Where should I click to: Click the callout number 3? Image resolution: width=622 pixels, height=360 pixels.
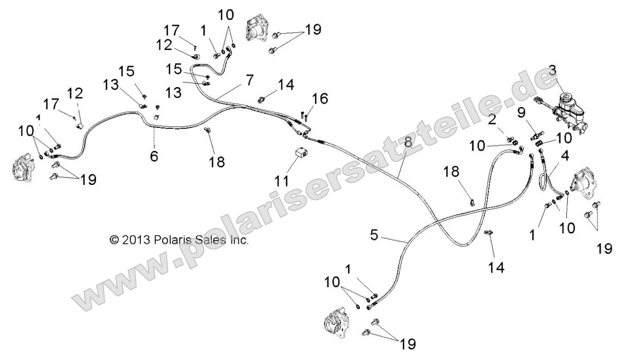pyautogui.click(x=552, y=71)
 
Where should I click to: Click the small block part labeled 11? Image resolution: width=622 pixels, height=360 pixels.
pyautogui.click(x=301, y=153)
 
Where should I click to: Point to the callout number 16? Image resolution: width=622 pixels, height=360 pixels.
pyautogui.click(x=320, y=99)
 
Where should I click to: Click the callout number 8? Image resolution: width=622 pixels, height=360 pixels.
pyautogui.click(x=407, y=143)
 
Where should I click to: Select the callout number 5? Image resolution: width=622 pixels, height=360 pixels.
pyautogui.click(x=374, y=235)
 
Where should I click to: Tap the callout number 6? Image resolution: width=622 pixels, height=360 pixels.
pyautogui.click(x=154, y=156)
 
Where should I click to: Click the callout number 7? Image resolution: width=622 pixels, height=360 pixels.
pyautogui.click(x=250, y=80)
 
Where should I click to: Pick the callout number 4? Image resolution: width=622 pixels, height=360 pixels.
pyautogui.click(x=565, y=156)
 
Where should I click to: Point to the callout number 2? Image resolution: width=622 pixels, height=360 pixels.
pyautogui.click(x=492, y=120)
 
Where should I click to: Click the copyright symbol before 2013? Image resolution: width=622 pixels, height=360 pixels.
pyautogui.click(x=114, y=239)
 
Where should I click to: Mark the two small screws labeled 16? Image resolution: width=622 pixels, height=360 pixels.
pyautogui.click(x=304, y=116)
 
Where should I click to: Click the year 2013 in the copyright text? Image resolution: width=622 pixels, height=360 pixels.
pyautogui.click(x=136, y=239)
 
